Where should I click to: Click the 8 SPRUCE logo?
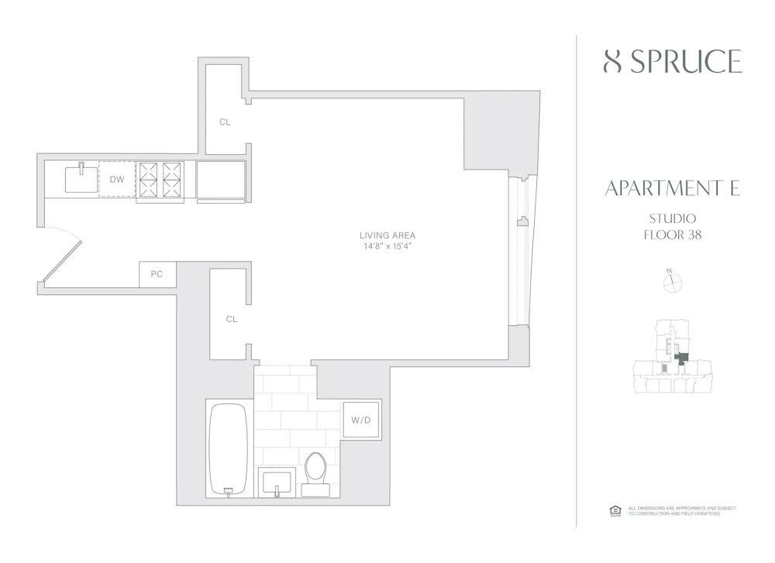coord(672,61)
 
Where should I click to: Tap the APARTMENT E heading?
coord(672,188)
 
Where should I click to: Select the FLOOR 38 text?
coord(672,234)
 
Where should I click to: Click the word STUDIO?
coord(672,218)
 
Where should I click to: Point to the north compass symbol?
coord(671,283)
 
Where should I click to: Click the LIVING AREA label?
coord(387,235)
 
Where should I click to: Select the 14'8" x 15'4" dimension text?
coord(387,246)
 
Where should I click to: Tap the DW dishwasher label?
coord(116,180)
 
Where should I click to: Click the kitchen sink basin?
coord(81,180)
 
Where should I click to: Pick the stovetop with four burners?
coord(160,180)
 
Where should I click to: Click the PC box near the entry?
coord(157,274)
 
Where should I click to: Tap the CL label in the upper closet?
coord(225,122)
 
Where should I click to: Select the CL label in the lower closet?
coord(231,319)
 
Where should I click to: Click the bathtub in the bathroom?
coord(229,449)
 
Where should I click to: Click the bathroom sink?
coord(277,482)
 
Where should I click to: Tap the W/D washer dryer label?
coord(361,421)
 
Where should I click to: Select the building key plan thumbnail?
coord(671,358)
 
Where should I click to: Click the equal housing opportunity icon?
coord(615,510)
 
